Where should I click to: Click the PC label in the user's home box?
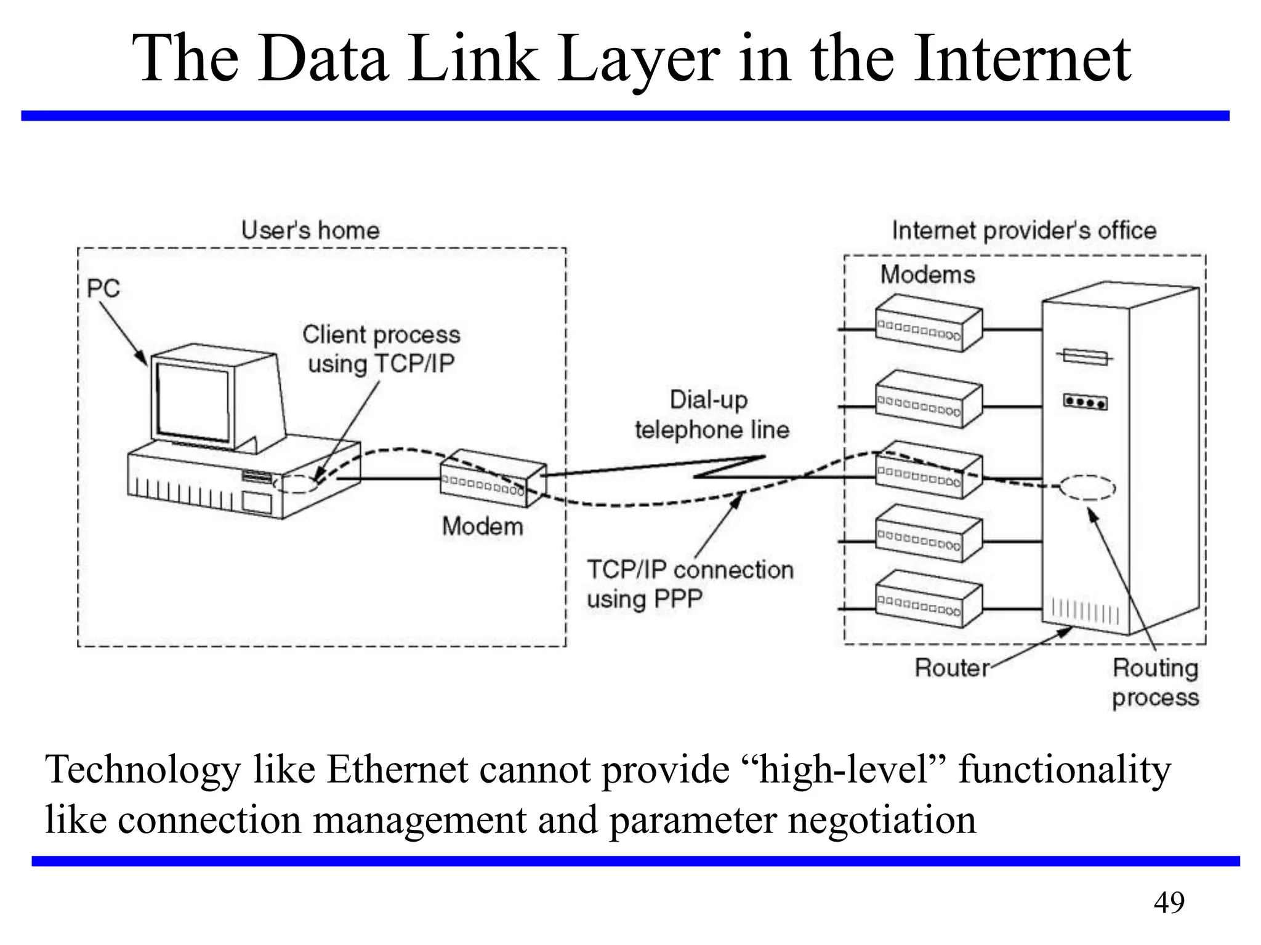[x=103, y=289]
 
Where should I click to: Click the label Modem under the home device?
[x=483, y=527]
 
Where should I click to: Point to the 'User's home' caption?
[x=310, y=231]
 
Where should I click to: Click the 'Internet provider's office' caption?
[x=1024, y=231]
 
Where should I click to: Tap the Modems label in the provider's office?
[x=927, y=274]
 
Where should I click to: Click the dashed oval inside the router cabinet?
[x=1087, y=488]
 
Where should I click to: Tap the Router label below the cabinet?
[x=952, y=668]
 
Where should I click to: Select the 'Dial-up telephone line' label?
[x=712, y=415]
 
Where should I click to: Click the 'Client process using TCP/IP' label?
[x=381, y=349]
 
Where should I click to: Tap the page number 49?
[x=1169, y=903]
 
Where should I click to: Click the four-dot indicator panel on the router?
[x=1086, y=402]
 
